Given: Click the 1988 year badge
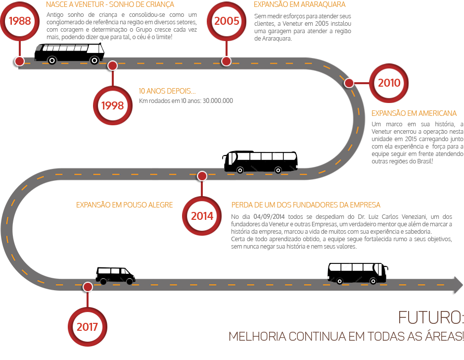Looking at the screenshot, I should click(20, 21).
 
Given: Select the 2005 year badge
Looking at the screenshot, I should click(227, 21).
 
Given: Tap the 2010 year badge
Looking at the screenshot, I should click(389, 83).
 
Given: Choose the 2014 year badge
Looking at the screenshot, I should click(202, 216).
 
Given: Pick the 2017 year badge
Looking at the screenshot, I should click(88, 327).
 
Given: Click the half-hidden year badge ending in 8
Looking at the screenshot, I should click(112, 105).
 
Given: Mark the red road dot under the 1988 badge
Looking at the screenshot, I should click(19, 61).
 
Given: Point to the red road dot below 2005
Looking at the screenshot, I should click(226, 61).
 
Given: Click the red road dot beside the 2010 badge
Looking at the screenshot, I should click(349, 83).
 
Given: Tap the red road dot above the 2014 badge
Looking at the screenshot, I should click(202, 176).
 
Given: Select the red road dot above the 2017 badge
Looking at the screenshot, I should click(88, 287).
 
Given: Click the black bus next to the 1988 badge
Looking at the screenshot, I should click(69, 52).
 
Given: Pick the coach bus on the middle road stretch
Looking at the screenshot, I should click(261, 161).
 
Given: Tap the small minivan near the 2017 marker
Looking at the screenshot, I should click(115, 275).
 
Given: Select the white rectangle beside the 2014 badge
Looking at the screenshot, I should click(149, 224).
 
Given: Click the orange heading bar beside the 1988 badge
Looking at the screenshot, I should click(110, 5).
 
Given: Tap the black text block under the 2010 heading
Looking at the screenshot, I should click(416, 143).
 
